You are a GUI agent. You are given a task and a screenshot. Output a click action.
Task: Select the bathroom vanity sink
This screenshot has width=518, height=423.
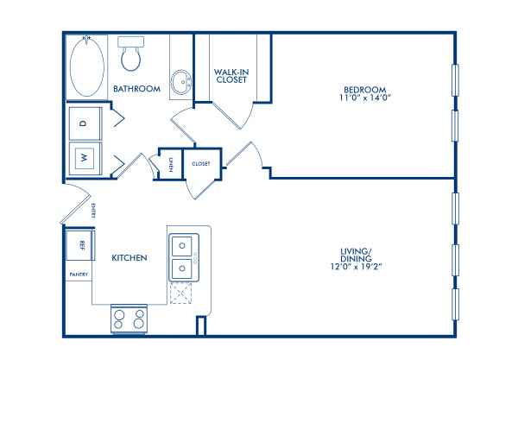(x=181, y=84)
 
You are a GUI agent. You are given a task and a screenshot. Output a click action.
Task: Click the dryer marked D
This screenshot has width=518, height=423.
(x=85, y=123)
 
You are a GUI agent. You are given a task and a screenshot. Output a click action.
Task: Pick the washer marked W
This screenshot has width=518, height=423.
(x=85, y=158)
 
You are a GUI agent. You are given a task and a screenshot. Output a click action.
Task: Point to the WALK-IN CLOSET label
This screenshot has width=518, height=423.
(x=231, y=74)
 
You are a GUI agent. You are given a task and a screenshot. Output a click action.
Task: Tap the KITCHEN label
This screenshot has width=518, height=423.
(x=129, y=258)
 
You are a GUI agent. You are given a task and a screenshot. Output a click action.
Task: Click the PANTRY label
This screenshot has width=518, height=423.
(x=79, y=275)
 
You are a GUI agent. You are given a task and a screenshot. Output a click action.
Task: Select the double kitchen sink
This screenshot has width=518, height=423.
(x=183, y=256)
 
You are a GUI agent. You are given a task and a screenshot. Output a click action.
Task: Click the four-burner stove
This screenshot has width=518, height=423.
(x=130, y=319)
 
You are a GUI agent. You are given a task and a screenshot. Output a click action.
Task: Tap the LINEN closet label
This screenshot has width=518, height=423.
(x=172, y=164)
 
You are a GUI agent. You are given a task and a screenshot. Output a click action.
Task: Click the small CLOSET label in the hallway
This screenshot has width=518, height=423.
(x=201, y=163)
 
